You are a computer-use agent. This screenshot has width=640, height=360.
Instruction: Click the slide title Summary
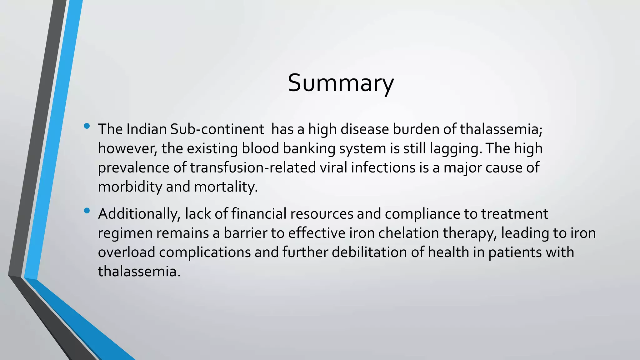(x=341, y=83)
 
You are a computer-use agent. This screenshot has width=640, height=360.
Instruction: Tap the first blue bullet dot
(x=87, y=126)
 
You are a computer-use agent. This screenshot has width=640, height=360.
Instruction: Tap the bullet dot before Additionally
(x=87, y=211)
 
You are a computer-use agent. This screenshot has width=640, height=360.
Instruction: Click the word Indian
(x=147, y=129)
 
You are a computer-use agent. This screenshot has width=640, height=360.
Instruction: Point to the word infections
(x=383, y=167)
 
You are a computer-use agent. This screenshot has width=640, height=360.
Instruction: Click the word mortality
(x=226, y=187)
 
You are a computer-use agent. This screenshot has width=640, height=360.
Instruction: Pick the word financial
(x=259, y=214)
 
